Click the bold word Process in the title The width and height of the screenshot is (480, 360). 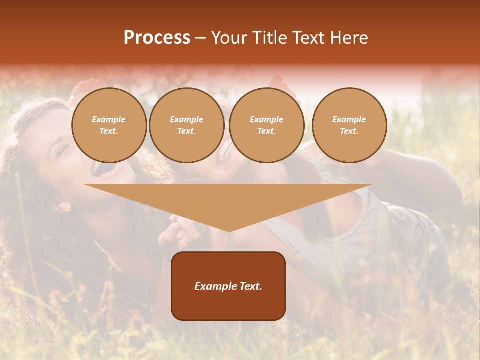(157, 37)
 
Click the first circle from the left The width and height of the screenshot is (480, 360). (109, 125)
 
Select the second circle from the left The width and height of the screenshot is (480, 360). (187, 125)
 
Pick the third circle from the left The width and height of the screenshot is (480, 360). (266, 125)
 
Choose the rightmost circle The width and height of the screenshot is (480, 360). (349, 125)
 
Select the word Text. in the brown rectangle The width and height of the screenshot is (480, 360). (249, 286)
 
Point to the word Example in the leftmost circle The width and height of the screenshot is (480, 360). (109, 119)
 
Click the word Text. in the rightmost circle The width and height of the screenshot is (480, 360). (349, 131)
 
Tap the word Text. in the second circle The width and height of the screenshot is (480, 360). (187, 131)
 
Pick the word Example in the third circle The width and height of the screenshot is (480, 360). (266, 119)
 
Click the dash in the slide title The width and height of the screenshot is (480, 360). (200, 37)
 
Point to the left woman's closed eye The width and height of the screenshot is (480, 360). (62, 149)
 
